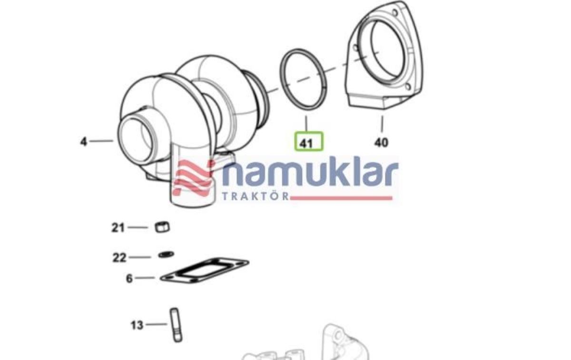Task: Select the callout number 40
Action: coord(381,142)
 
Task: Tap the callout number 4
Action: coord(84,141)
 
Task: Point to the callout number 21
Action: coord(118,228)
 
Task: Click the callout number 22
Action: coord(119,258)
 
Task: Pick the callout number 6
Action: coord(129,278)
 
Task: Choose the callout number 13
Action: coord(137,325)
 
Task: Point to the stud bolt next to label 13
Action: coord(175,325)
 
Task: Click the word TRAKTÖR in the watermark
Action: coord(256,196)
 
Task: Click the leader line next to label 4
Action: coord(101,141)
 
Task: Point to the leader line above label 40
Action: coord(382,123)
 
